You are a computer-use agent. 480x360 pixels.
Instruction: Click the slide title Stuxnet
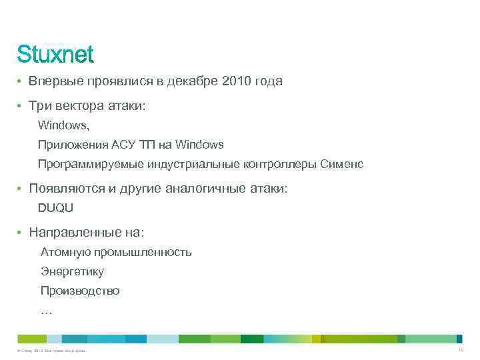click(x=55, y=53)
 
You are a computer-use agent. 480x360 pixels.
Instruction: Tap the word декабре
click(x=193, y=81)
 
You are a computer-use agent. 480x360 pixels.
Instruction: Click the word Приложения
click(x=66, y=144)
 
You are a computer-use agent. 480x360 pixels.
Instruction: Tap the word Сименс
click(x=342, y=164)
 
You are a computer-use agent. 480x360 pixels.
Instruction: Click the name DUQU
click(x=55, y=207)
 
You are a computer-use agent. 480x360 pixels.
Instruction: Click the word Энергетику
click(x=72, y=271)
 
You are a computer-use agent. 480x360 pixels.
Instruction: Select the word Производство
click(x=80, y=291)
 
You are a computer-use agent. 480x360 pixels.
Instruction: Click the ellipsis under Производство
click(x=46, y=311)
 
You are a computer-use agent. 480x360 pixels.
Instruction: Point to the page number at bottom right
click(x=460, y=350)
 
